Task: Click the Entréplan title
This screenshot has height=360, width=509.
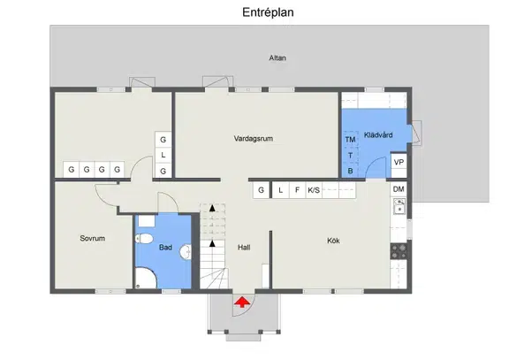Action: click(268, 12)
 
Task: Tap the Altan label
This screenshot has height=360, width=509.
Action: click(277, 57)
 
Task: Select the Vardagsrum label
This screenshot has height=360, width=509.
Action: click(254, 138)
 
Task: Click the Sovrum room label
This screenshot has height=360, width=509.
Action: click(93, 238)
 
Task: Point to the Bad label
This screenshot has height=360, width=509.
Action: click(165, 248)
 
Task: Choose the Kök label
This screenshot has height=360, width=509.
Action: click(333, 241)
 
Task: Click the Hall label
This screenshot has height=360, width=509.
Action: click(244, 248)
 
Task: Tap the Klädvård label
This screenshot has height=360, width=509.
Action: click(378, 134)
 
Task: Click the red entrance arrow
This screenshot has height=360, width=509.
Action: click(242, 302)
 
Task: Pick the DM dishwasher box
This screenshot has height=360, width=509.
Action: click(399, 188)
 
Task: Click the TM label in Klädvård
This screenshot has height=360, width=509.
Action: click(350, 140)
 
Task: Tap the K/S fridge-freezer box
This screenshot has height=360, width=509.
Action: click(314, 190)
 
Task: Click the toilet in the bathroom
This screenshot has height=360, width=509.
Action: click(144, 239)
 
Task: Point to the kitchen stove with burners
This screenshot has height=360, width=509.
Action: click(399, 251)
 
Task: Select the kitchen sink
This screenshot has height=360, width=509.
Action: click(399, 206)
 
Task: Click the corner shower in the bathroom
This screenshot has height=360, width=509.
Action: click(146, 278)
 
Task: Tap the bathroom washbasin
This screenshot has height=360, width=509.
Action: click(186, 252)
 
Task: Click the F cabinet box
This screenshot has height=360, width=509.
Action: click(297, 190)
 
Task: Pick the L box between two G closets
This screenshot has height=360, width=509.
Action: click(163, 155)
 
